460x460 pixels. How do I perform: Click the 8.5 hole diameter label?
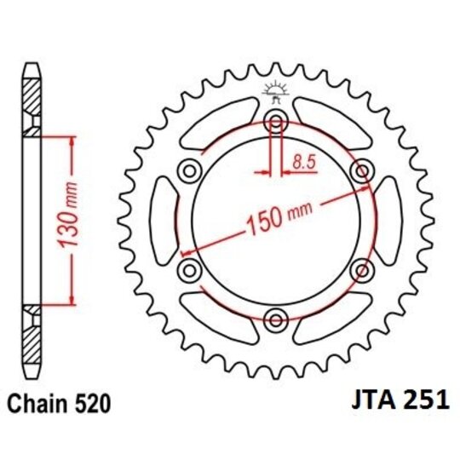coord(304,162)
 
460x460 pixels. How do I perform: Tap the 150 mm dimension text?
coord(279,217)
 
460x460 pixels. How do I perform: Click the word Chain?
coord(37,404)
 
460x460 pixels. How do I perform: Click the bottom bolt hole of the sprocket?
coord(276,319)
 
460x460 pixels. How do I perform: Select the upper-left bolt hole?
coord(190,170)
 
